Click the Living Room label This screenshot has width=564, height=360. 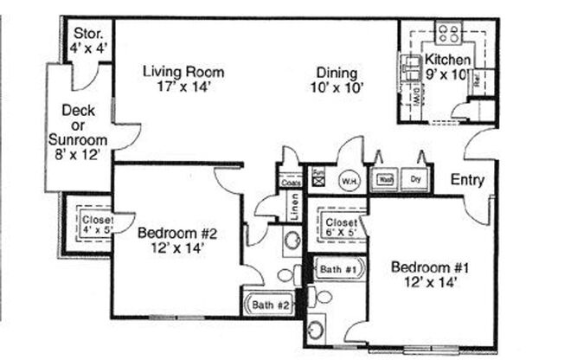(x=184, y=71)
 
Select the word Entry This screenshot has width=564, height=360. (x=468, y=181)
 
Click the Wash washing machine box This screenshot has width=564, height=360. (x=385, y=181)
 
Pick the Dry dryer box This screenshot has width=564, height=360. (x=415, y=181)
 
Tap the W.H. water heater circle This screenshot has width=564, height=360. (x=349, y=181)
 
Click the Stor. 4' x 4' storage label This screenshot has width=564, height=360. (x=89, y=42)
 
